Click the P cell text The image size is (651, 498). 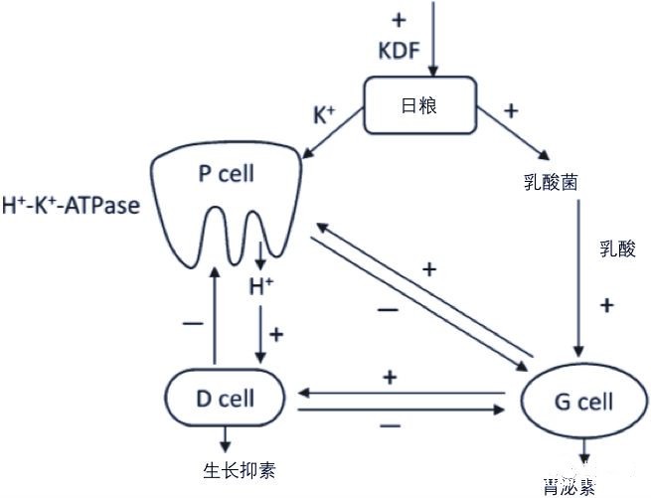point(226,174)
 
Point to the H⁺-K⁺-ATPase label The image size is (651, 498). point(70,208)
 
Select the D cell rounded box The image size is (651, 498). point(225,400)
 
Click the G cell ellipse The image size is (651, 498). point(582,403)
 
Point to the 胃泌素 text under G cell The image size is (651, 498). point(570,487)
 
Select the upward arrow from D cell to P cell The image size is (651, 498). point(214,319)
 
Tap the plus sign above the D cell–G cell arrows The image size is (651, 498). point(391,378)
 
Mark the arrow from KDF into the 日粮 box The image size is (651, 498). point(432,40)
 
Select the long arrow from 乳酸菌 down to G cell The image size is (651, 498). point(580,278)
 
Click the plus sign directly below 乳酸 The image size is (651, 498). point(607,303)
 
